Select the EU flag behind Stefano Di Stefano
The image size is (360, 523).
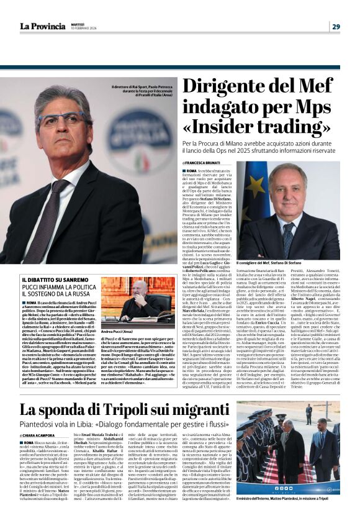click(x=252, y=205)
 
